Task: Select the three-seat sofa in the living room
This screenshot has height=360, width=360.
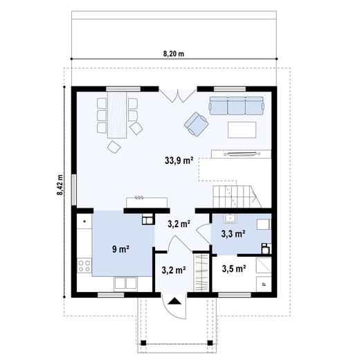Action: click(237, 105)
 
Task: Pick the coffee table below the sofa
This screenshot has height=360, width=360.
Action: click(240, 129)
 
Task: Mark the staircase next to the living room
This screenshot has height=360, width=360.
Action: click(234, 197)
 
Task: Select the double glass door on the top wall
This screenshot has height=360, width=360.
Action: click(170, 96)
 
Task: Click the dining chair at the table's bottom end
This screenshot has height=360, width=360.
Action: click(112, 145)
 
